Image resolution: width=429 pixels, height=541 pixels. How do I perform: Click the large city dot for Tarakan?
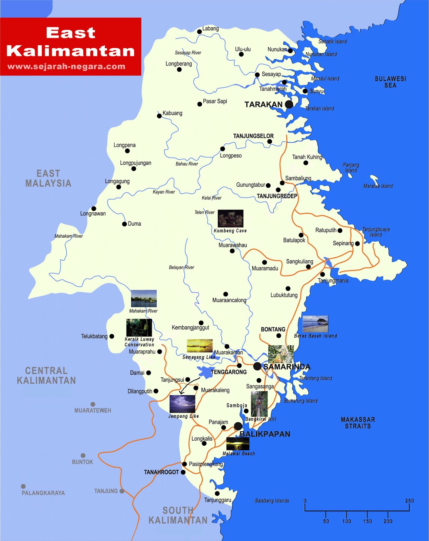click(289, 104)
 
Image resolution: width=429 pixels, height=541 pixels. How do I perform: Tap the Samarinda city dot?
click(257, 366)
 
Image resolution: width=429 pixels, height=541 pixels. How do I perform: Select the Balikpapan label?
click(265, 434)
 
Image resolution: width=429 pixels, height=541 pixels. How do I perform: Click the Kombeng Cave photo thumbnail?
click(230, 218)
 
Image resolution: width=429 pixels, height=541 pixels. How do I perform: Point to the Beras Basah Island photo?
click(315, 324)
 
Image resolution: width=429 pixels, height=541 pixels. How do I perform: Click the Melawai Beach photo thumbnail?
click(238, 444)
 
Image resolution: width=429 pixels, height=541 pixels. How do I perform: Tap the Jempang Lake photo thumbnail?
click(182, 404)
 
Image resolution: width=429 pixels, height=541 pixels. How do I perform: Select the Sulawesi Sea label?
click(390, 82)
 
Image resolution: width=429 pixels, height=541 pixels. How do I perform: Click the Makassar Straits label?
click(358, 423)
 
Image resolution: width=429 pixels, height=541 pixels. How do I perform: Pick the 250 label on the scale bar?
click(409, 501)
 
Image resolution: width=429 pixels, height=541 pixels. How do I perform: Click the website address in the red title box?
click(66, 67)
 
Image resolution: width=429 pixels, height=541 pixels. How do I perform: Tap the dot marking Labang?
click(199, 32)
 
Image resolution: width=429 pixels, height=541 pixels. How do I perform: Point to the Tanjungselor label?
click(253, 136)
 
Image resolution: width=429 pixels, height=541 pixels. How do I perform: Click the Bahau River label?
click(187, 164)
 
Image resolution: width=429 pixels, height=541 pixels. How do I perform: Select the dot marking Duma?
click(124, 224)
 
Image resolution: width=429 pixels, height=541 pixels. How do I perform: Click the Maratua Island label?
click(378, 186)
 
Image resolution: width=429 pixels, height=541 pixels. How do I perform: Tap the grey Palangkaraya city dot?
click(23, 486)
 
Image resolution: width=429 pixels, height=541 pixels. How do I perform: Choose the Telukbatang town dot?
click(112, 336)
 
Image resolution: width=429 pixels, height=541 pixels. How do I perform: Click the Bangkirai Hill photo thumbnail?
click(259, 404)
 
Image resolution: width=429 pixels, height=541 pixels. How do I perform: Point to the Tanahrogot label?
click(161, 472)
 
